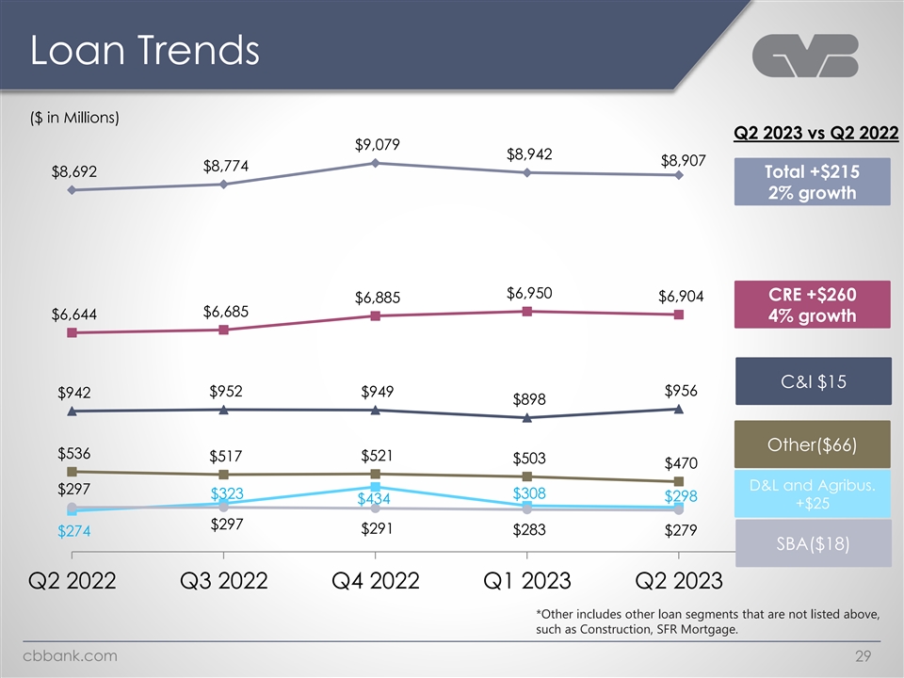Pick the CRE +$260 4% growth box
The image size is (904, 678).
[811, 302]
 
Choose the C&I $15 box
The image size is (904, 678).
[811, 381]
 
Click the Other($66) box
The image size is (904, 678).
[811, 443]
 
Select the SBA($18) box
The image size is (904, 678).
[811, 544]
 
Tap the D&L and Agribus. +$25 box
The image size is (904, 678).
[811, 494]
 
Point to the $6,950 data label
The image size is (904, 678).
[530, 293]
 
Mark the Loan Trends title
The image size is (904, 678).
[144, 51]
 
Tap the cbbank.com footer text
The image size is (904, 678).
[71, 656]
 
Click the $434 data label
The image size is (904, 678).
[374, 499]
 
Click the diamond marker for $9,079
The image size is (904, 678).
[375, 163]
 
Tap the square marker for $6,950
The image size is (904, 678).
[527, 311]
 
